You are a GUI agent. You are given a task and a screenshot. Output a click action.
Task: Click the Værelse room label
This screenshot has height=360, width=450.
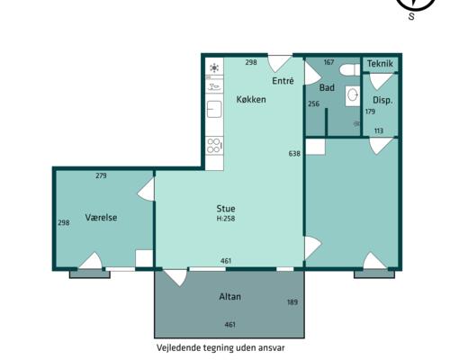point(101,218)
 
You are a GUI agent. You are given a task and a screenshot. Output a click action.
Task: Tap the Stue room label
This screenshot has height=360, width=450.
point(226,209)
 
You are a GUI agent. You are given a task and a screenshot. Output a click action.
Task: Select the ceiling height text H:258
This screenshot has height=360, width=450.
point(226,219)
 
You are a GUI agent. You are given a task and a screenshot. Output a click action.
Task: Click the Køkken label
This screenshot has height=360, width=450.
point(251,99)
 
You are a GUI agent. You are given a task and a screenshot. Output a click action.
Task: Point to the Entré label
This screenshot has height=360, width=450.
point(283,81)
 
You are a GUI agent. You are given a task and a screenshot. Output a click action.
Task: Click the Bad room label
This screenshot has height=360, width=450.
point(327,87)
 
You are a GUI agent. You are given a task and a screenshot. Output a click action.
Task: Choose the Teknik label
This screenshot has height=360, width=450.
point(380,64)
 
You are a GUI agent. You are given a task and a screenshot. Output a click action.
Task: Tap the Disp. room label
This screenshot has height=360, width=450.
point(382,100)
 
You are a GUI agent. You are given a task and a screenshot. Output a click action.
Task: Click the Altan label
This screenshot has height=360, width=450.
point(229,297)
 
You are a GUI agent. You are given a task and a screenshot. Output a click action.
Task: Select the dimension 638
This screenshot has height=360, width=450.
point(294,154)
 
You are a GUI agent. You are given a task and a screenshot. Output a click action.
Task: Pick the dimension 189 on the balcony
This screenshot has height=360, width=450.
point(292,302)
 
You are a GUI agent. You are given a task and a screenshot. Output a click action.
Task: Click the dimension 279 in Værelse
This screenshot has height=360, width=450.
point(101,175)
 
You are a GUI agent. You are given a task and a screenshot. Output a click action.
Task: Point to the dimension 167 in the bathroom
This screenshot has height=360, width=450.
point(328,62)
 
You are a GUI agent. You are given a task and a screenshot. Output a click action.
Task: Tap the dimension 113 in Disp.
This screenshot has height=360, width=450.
point(379,130)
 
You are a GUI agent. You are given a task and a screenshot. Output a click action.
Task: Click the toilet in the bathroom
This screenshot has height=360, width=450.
point(350,70)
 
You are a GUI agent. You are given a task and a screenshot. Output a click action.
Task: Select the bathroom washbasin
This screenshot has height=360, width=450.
point(353,95)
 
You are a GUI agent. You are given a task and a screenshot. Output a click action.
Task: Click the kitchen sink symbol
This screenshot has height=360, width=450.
point(214,109)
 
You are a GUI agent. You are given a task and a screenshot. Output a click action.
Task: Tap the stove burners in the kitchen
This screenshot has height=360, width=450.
point(214,146)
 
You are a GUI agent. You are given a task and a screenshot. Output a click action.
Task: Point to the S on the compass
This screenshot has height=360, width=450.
point(411,16)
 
